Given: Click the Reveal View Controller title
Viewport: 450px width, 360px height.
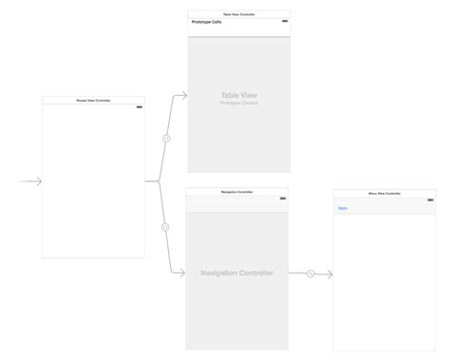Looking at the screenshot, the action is (93, 100).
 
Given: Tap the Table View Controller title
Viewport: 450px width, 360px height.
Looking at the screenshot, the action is (238, 14).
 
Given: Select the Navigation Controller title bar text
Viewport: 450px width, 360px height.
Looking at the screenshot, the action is (238, 191).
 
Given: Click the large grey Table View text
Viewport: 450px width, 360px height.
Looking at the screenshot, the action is (238, 96).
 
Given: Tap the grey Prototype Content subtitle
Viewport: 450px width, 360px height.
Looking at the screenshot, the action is (238, 104).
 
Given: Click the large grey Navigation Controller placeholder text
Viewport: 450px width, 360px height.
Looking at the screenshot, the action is (238, 273).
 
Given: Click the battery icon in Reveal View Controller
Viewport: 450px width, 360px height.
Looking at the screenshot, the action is (140, 106).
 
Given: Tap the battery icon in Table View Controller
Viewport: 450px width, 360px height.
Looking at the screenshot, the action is (284, 21).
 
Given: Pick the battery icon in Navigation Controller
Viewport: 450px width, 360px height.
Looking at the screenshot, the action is (284, 198).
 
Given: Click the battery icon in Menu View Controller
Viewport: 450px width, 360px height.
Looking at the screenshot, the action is (429, 199).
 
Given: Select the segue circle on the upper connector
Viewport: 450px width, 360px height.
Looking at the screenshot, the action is (165, 137).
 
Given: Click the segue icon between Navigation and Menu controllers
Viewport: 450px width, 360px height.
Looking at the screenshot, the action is (310, 274).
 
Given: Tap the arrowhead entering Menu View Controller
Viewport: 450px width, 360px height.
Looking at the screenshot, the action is (328, 274).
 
